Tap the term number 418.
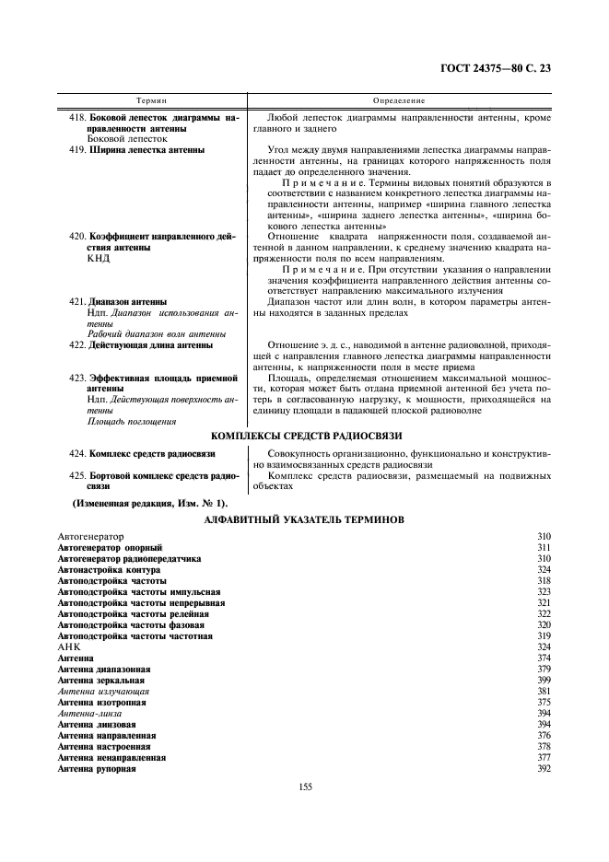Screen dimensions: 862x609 pos(78,119)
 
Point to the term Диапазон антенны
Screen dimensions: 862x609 pos(128,301)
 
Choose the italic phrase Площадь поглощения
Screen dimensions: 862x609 pos(132,421)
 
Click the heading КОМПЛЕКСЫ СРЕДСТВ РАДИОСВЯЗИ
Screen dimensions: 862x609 pos(307,436)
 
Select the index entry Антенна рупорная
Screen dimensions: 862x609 pos(97,769)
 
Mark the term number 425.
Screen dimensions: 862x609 pos(78,476)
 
